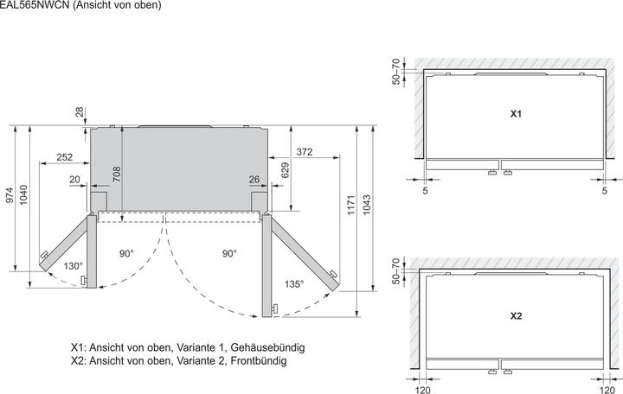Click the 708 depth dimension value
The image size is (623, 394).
[117, 175]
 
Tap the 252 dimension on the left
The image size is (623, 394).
[65, 157]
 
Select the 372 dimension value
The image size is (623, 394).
[305, 152]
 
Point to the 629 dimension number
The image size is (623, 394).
[285, 170]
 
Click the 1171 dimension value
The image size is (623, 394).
[350, 205]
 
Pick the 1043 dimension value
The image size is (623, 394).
[367, 205]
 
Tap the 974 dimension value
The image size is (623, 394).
[10, 195]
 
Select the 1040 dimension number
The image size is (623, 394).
[23, 194]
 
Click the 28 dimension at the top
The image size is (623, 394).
[80, 111]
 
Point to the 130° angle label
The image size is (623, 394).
[73, 266]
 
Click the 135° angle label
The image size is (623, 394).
[293, 284]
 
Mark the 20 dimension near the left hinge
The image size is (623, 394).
[74, 180]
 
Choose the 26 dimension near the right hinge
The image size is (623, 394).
[254, 180]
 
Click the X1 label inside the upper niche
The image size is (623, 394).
[516, 114]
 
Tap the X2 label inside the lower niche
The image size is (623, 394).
[516, 316]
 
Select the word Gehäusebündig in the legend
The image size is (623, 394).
[267, 347]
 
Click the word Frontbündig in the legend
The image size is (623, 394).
[259, 360]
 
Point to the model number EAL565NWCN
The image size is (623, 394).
[35, 5]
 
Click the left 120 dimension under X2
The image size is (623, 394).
[422, 390]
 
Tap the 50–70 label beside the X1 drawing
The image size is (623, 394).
[395, 72]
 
